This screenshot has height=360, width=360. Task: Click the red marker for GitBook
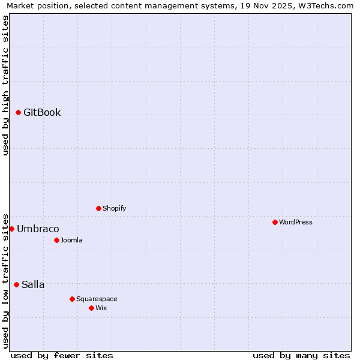[19, 113]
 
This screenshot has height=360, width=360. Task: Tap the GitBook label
[42, 113]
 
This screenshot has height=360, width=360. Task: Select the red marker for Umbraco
[11, 229]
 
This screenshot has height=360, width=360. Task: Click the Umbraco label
[38, 229]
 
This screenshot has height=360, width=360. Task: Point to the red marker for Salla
[16, 285]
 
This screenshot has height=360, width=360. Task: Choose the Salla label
[33, 285]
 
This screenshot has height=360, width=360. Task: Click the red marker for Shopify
[98, 209]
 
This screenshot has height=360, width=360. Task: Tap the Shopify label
[114, 209]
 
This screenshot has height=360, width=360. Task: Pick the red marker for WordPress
[275, 223]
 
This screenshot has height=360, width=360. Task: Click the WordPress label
[295, 223]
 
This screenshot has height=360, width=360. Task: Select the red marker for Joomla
[56, 241]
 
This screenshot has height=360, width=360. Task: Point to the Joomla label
[71, 241]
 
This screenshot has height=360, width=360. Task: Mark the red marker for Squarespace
[72, 299]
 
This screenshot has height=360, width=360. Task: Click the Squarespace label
[97, 299]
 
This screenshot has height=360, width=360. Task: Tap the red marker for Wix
[91, 308]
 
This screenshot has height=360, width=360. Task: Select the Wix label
[101, 308]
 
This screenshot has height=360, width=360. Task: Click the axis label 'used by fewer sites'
[62, 356]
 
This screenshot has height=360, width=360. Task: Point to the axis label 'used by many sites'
[301, 356]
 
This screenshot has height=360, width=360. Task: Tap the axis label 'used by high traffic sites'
[6, 85]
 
